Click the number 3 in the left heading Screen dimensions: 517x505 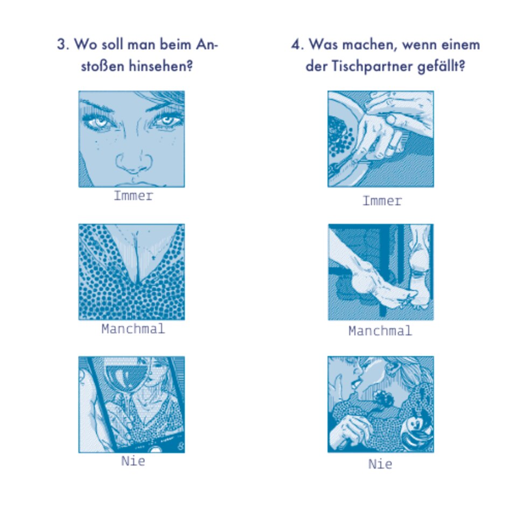61,45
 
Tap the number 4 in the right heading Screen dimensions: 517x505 296,45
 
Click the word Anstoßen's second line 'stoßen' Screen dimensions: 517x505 102,66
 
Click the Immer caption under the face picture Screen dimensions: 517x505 133,196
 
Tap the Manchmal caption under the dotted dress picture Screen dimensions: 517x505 133,329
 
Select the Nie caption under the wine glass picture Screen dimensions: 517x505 133,461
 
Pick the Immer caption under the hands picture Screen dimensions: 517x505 382,201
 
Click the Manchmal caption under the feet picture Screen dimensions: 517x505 380,331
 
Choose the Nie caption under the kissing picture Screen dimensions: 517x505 380,464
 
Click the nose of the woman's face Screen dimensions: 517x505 134,163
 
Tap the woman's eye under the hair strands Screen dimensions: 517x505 166,121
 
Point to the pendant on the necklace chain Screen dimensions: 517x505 153,257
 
